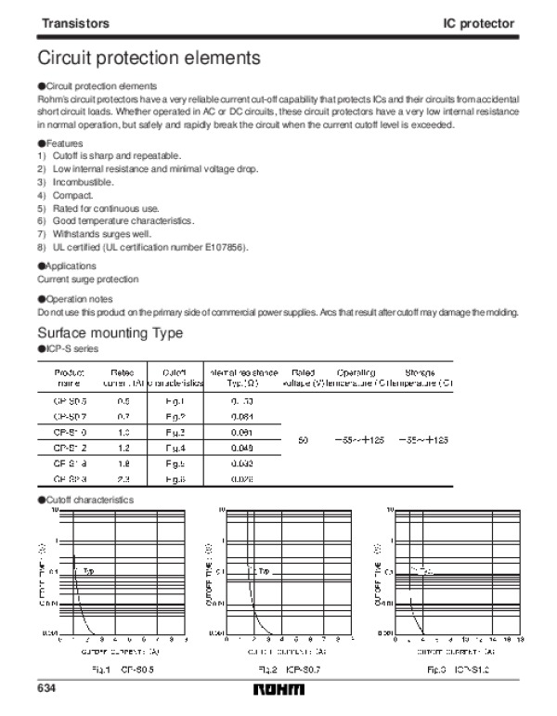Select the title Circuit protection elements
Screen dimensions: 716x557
pos(148,58)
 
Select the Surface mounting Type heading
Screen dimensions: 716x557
pos(110,333)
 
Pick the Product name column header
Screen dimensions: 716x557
pos(71,376)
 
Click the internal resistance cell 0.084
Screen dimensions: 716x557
pos(241,417)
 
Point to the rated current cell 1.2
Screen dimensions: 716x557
pos(123,448)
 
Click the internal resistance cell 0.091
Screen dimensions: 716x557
pos(241,433)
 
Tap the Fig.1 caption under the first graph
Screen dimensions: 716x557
pos(114,669)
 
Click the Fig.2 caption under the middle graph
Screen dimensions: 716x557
pos(283,669)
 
